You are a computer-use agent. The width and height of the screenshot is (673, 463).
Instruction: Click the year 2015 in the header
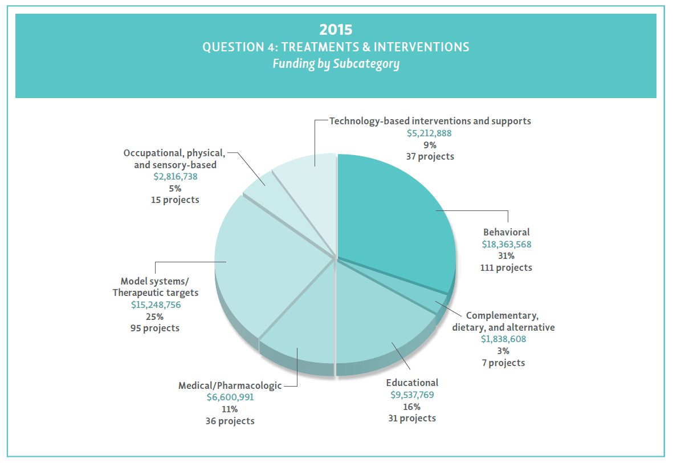pyautogui.click(x=336, y=29)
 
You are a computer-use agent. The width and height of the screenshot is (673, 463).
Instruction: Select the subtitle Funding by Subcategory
pyautogui.click(x=336, y=63)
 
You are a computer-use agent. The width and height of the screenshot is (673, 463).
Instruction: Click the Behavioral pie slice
pyautogui.click(x=393, y=217)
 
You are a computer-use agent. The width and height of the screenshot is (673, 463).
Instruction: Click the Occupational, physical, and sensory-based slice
pyautogui.click(x=259, y=182)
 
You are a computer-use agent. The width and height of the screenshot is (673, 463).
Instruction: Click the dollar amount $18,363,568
pyautogui.click(x=507, y=244)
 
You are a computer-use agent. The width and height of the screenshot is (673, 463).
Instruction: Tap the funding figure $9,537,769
pyautogui.click(x=411, y=395)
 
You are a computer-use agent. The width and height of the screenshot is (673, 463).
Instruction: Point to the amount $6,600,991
pyautogui.click(x=230, y=397)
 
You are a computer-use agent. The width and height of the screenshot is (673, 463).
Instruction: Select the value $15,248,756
pyautogui.click(x=156, y=304)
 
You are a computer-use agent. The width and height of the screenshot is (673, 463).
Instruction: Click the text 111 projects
pyautogui.click(x=507, y=267)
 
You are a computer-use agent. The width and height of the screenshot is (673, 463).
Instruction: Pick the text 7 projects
pyautogui.click(x=503, y=363)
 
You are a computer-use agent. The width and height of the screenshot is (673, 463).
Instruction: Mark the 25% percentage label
pyautogui.click(x=156, y=316)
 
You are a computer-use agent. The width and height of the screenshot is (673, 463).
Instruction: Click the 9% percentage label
pyautogui.click(x=430, y=145)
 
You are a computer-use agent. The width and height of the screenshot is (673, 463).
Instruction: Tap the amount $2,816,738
pyautogui.click(x=175, y=177)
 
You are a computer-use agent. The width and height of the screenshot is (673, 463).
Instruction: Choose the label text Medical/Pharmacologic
pyautogui.click(x=230, y=385)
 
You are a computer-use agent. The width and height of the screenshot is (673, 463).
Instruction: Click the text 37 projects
pyautogui.click(x=430, y=156)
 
